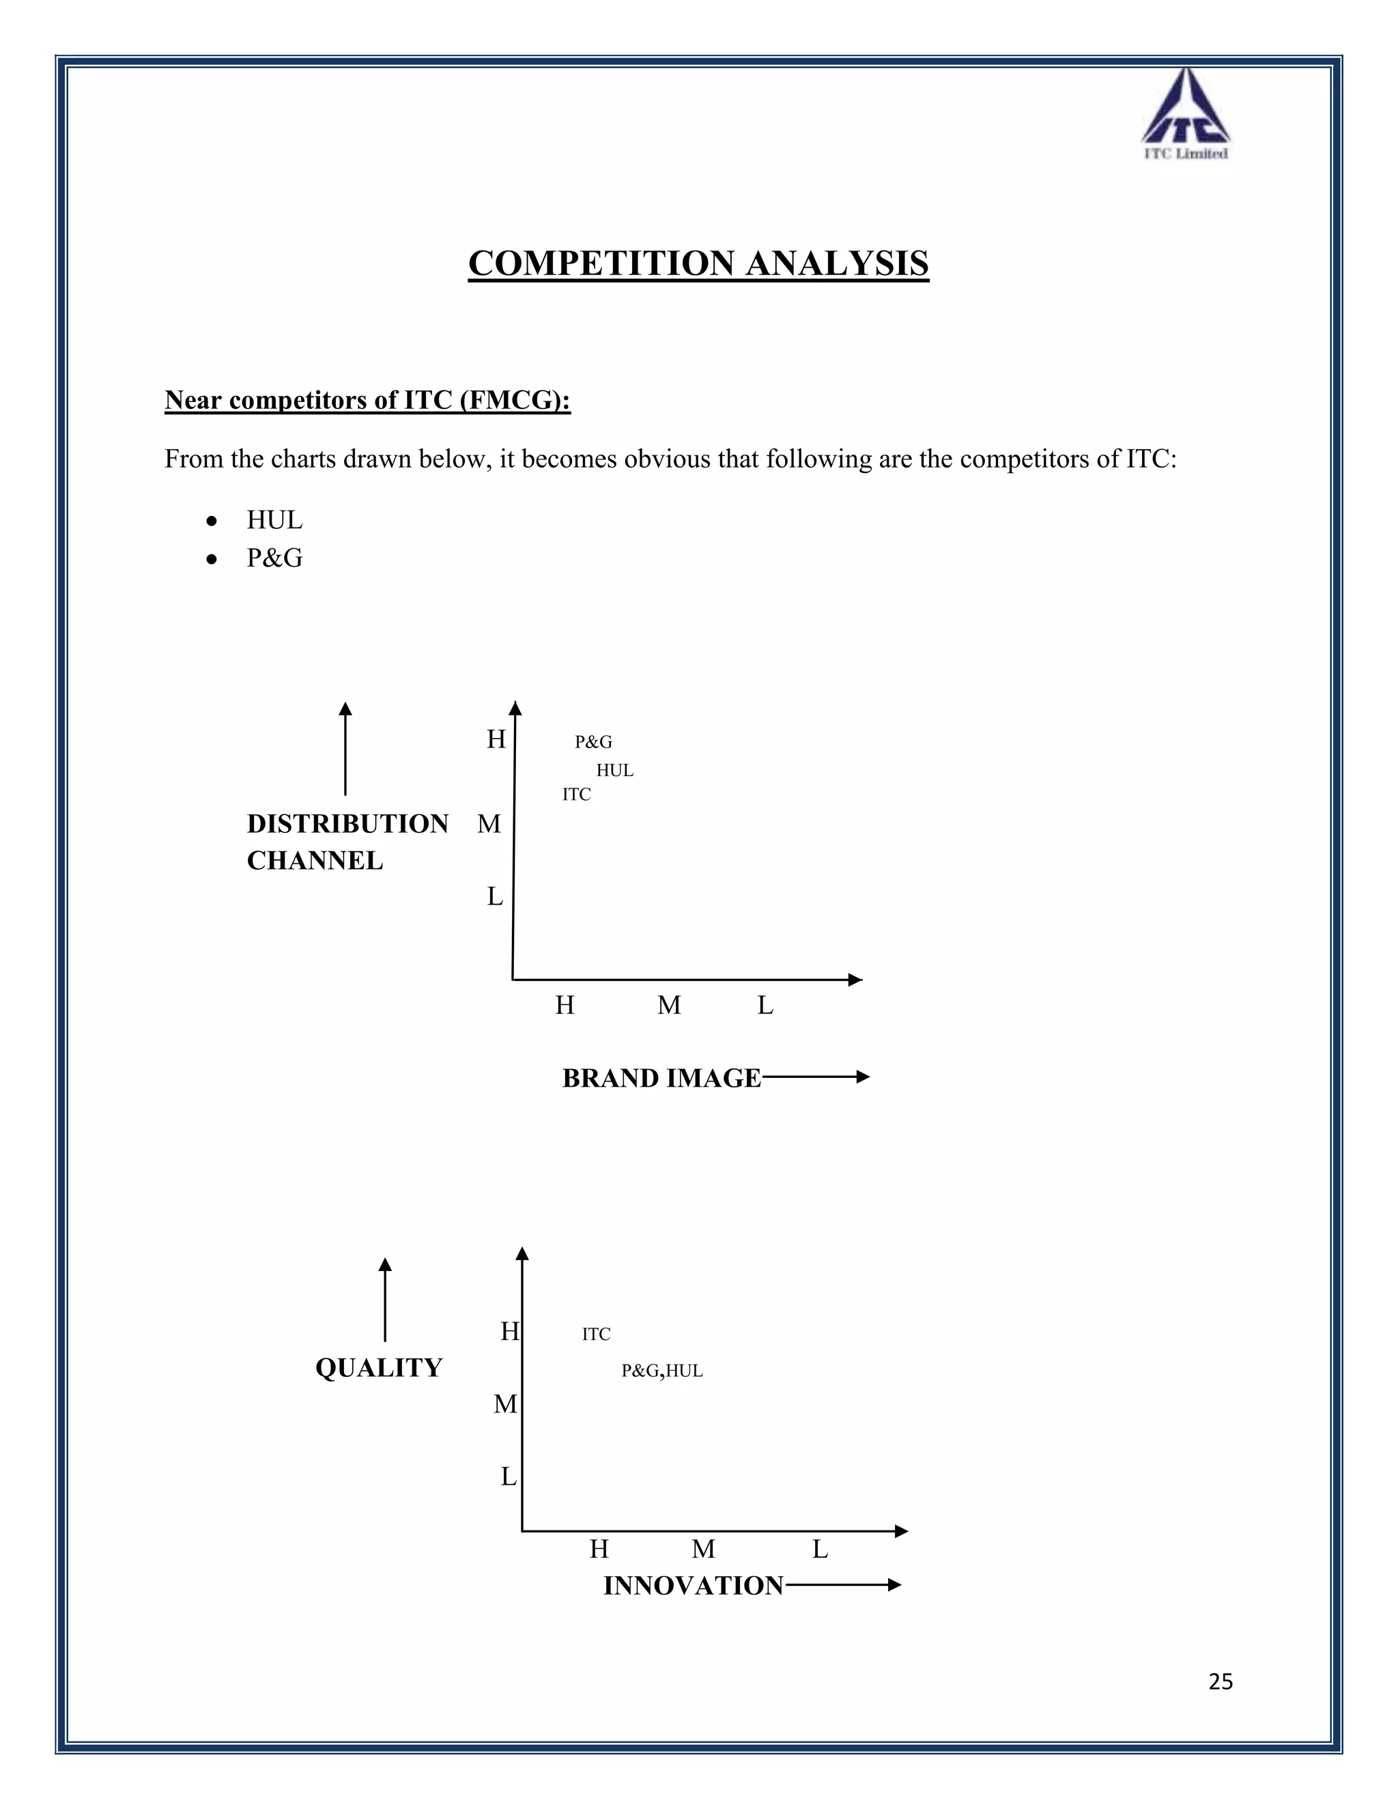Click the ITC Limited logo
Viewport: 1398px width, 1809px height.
pyautogui.click(x=1185, y=114)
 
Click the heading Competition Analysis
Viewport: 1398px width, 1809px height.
pyautogui.click(x=698, y=263)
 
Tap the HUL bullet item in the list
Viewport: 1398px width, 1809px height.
pyautogui.click(x=274, y=520)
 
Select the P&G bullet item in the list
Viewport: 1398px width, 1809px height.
pyautogui.click(x=274, y=558)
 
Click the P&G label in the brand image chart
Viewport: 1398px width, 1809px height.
pyautogui.click(x=593, y=742)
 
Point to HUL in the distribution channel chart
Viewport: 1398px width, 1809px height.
pyautogui.click(x=614, y=770)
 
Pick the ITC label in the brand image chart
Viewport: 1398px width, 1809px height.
pyautogui.click(x=576, y=795)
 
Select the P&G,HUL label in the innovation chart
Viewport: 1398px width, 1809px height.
pyautogui.click(x=661, y=1371)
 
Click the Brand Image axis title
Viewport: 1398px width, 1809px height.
pyautogui.click(x=661, y=1078)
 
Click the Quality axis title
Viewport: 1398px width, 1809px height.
pyautogui.click(x=378, y=1367)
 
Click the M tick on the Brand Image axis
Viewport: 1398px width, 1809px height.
pyautogui.click(x=669, y=1006)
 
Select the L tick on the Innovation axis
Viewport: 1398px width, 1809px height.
pyautogui.click(x=820, y=1549)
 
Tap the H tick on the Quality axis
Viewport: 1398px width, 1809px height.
pyautogui.click(x=509, y=1332)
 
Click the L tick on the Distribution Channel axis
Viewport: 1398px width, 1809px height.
pyautogui.click(x=494, y=896)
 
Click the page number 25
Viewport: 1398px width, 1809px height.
pyautogui.click(x=1221, y=1681)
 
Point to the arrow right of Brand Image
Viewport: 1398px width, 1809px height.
pyautogui.click(x=816, y=1077)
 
